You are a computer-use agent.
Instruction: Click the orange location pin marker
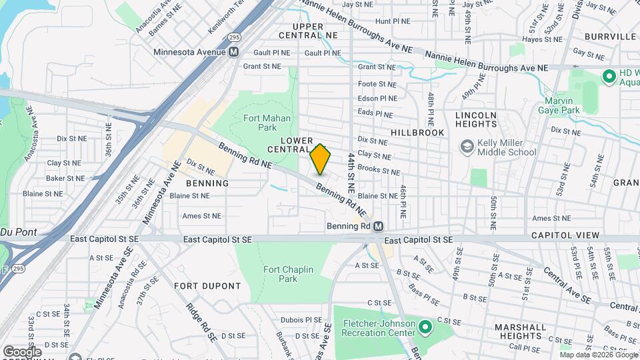[x=320, y=159]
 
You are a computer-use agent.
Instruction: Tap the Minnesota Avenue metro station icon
[x=234, y=52]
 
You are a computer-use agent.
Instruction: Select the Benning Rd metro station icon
[x=378, y=227]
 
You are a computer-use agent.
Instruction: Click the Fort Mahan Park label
[x=259, y=122]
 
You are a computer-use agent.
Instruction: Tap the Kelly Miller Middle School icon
[x=467, y=146]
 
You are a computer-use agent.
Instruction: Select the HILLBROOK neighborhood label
[x=417, y=133]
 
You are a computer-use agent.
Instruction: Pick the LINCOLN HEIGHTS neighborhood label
[x=476, y=120]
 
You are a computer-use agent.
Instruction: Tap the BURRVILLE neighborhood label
[x=610, y=37]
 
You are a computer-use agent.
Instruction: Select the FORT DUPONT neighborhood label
[x=207, y=286]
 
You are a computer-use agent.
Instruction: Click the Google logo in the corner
[x=22, y=351]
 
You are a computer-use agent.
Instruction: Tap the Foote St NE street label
[x=377, y=84]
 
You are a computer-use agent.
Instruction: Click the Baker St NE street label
[x=65, y=179]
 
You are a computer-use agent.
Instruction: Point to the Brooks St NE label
[x=379, y=171]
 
